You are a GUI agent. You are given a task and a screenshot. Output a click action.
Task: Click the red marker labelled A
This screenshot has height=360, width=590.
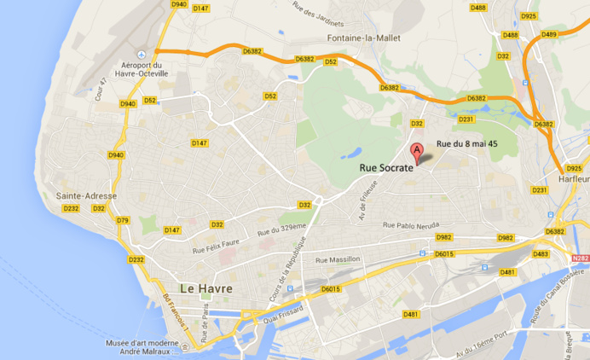(x=417, y=154)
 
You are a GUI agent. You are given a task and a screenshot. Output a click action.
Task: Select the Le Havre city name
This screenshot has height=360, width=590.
(x=206, y=288)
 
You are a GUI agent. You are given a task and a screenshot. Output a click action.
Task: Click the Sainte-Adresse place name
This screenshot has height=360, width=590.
(x=81, y=196)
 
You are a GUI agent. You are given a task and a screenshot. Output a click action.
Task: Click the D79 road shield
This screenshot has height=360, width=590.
(x=122, y=220)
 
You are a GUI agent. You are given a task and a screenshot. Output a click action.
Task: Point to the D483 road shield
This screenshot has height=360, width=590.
(x=541, y=254)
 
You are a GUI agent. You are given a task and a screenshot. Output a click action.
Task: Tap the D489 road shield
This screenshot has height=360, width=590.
(x=548, y=34)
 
